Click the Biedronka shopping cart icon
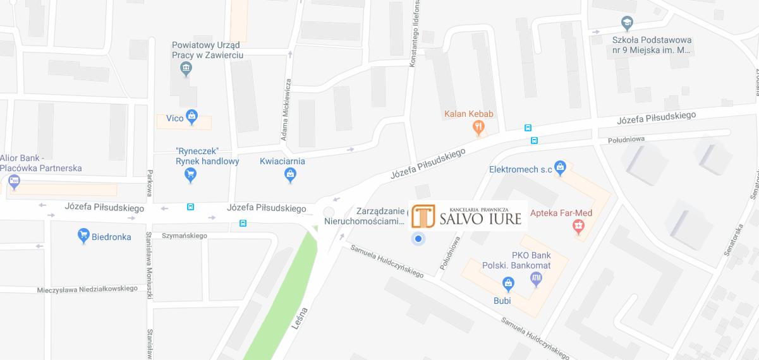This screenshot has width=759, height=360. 83,236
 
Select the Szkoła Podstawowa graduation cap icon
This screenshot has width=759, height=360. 627,23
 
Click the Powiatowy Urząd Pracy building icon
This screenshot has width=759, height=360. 186,69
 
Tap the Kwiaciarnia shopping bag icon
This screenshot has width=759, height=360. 290,176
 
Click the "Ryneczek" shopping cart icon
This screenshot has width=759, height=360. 191,176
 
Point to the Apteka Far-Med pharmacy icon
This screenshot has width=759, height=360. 578,227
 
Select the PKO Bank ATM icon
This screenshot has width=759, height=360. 536,278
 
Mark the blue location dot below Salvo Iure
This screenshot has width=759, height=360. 418,239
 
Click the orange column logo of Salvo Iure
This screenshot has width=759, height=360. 423,216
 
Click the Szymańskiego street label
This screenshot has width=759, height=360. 185,236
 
